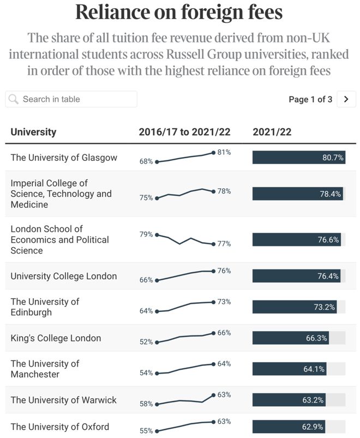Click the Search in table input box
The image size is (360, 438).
pyautogui.click(x=71, y=99)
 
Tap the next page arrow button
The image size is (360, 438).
pyautogui.click(x=346, y=99)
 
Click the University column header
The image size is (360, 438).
pyautogui.click(x=33, y=132)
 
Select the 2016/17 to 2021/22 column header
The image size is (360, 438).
pyautogui.click(x=184, y=132)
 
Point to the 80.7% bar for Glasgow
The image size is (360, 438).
pyautogui.click(x=299, y=157)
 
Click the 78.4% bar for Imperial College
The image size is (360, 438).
pyautogui.click(x=297, y=194)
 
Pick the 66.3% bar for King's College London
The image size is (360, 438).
pyautogui.click(x=291, y=338)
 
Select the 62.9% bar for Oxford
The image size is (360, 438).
pyautogui.click(x=289, y=427)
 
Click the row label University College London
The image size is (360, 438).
pyautogui.click(x=64, y=276)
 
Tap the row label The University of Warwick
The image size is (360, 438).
pyautogui.click(x=63, y=400)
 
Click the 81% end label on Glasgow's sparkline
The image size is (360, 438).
pyautogui.click(x=224, y=152)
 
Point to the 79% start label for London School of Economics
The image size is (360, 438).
pyautogui.click(x=146, y=235)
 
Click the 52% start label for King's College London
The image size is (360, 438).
pyautogui.click(x=146, y=342)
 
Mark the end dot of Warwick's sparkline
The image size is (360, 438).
pyautogui.click(x=213, y=395)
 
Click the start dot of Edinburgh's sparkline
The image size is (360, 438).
pyautogui.click(x=157, y=311)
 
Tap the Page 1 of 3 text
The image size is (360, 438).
pyautogui.click(x=310, y=99)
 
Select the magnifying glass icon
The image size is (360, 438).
pyautogui.click(x=13, y=99)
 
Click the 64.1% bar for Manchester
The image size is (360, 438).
pyautogui.click(x=289, y=369)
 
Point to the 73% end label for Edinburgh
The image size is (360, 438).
pyautogui.click(x=224, y=302)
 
